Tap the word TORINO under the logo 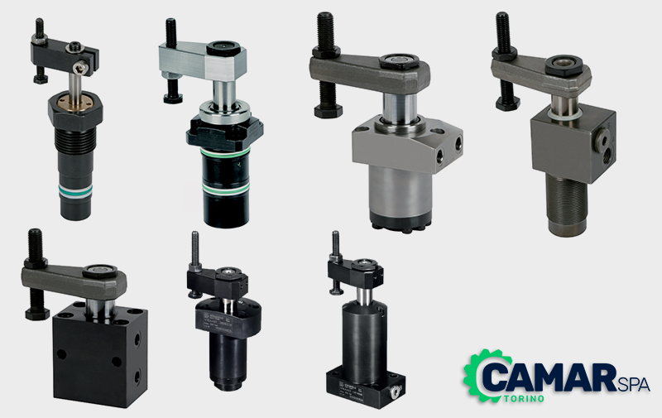pos(524,399)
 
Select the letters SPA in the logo pos(633,384)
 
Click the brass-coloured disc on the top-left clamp pos(75,102)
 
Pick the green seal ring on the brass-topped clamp pos(75,190)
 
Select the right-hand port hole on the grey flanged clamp pos(459,146)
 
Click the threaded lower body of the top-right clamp pos(567,204)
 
